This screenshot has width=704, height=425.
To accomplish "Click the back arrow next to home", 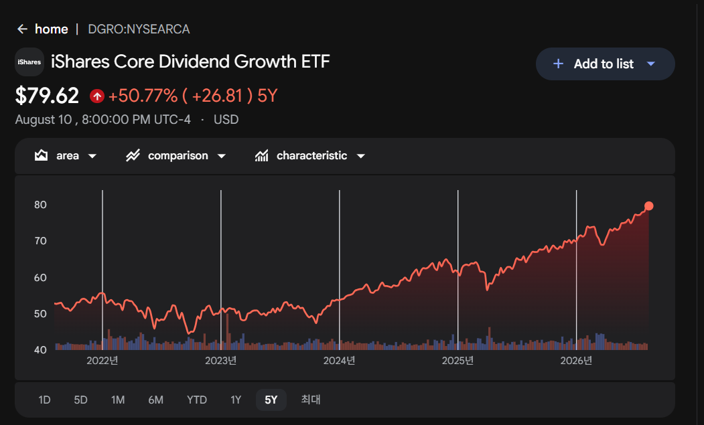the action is (22, 29).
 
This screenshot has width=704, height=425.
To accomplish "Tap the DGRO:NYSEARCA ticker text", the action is (139, 29).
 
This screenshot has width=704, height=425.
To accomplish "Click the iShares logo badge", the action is (29, 62).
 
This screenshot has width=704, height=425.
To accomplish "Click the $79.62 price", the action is (47, 96).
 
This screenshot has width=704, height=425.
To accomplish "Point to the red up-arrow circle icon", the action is (97, 96).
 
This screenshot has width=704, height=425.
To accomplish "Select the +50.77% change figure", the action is (143, 96).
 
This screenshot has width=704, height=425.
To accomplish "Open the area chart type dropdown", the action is (66, 156).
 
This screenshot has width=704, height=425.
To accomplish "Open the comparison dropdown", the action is (175, 156).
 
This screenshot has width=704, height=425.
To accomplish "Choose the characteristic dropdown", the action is (309, 156).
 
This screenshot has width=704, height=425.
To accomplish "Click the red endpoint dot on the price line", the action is (649, 206).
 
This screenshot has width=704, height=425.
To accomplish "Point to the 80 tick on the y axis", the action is (40, 205).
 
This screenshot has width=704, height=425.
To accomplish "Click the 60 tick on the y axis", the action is (40, 278).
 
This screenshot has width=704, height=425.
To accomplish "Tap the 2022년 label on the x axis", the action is (102, 361).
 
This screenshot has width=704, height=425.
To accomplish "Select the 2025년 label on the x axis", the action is (457, 361).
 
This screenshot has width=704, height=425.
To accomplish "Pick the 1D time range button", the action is (44, 400).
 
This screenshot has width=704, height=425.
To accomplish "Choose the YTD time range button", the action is (197, 400).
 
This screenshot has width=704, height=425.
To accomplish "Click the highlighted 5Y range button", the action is (271, 400).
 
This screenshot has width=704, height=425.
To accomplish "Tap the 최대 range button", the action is (311, 400).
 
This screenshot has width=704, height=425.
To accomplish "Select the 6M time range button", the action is (156, 400).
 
